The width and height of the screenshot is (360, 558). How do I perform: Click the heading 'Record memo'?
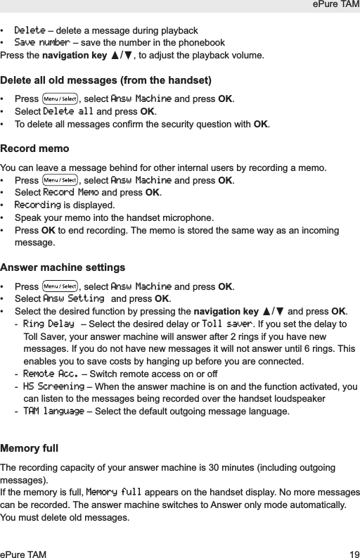(35, 149)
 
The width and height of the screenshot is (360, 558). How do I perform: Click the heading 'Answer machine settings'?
(63, 267)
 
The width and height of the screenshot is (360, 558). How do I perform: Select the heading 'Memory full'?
(30, 448)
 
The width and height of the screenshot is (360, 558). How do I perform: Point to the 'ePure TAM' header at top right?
(334, 6)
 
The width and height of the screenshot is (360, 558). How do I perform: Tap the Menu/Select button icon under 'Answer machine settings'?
(60, 286)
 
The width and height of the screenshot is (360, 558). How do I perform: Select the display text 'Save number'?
(42, 42)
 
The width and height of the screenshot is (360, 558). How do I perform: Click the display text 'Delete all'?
(68, 111)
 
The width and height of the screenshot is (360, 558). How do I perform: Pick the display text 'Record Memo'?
(71, 193)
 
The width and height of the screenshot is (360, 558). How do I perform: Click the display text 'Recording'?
(38, 205)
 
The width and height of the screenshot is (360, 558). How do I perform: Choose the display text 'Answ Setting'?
(74, 299)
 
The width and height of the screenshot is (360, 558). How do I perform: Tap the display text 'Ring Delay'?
(49, 324)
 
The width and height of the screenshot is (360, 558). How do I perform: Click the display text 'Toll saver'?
(226, 324)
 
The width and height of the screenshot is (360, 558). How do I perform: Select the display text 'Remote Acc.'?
(49, 374)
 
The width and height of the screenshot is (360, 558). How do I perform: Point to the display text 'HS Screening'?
(53, 386)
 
